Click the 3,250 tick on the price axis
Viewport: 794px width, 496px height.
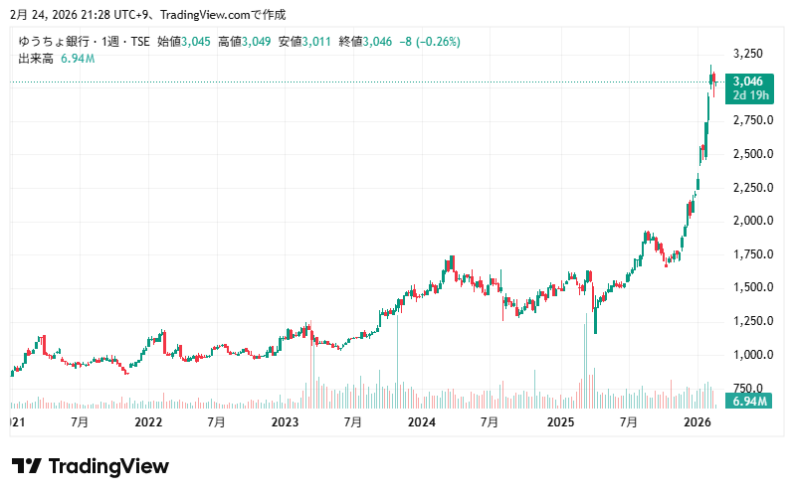pos(746,53)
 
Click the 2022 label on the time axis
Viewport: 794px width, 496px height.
pos(148,421)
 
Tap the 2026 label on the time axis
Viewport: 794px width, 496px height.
pos(696,421)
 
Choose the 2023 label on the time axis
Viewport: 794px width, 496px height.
pos(285,421)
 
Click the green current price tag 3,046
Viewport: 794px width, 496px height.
pos(747,82)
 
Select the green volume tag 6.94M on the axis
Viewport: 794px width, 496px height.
pos(747,401)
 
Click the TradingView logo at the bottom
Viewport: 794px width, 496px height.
pos(91,466)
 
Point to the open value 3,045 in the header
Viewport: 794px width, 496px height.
pos(196,42)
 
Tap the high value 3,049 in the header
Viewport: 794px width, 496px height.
pos(257,42)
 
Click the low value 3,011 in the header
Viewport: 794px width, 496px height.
pos(317,42)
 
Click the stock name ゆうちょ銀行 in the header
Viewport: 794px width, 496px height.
pos(49,42)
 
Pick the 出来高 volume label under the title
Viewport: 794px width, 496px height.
pos(36,59)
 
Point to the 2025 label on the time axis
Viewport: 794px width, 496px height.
pos(560,421)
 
